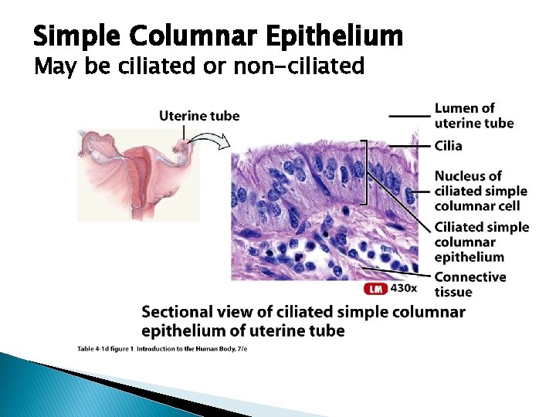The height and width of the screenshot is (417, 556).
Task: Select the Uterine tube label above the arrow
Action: (199, 116)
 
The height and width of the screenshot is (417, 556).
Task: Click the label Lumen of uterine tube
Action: (473, 115)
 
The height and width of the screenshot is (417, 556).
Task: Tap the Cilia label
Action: (448, 145)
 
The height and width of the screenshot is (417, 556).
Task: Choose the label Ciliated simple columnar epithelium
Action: (481, 242)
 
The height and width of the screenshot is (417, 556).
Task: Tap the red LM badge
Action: (375, 289)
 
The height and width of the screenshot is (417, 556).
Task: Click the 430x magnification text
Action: (404, 289)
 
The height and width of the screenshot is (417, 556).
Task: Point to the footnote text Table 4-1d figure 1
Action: (104, 349)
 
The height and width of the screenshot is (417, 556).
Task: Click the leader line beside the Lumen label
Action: (409, 115)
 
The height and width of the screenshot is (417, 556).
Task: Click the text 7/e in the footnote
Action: (241, 349)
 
